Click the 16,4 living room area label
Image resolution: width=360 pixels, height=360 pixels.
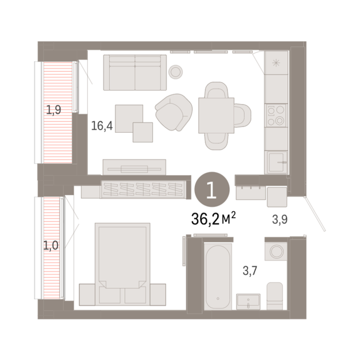coord(102,126)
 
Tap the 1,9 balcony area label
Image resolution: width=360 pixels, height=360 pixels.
coord(53,110)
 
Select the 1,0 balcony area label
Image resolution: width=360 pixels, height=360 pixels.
coord(51,246)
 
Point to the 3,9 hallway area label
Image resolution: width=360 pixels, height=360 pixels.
coord(280,219)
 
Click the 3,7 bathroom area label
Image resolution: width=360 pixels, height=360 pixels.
coord(250,270)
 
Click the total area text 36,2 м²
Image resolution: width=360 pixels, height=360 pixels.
coord(214,218)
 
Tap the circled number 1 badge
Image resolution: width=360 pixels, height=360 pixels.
coord(212,189)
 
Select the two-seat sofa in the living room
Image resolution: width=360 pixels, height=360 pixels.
coord(135,72)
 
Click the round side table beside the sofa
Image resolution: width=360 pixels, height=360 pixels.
coord(176,72)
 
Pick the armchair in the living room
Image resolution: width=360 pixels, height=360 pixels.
coord(174,112)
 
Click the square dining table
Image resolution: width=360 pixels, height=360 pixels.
coord(216,115)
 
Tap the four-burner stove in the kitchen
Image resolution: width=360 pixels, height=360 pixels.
coord(276,115)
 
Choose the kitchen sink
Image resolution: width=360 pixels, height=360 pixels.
coord(276,162)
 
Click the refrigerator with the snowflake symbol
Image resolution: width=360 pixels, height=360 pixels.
coord(276,63)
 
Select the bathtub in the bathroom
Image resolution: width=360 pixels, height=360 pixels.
coord(217,277)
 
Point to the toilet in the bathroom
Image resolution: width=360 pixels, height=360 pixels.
coord(275,296)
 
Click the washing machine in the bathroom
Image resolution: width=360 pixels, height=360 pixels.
coord(276,251)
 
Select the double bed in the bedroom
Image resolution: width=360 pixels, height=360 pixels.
coord(122,264)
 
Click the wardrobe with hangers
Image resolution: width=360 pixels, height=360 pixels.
coord(143,189)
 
